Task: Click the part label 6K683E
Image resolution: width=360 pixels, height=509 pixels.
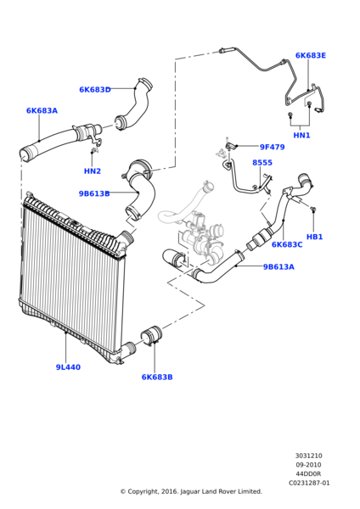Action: tap(310, 56)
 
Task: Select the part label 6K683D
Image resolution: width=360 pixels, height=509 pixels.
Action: tap(94, 89)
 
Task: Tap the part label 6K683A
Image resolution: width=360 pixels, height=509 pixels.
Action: tap(42, 111)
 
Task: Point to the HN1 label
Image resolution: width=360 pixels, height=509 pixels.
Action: tap(301, 135)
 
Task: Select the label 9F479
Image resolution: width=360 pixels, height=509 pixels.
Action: tap(272, 147)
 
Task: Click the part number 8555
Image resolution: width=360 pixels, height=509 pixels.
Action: tap(262, 163)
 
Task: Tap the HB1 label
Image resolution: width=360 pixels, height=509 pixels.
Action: tap(314, 237)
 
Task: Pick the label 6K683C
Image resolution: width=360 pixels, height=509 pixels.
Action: tap(287, 244)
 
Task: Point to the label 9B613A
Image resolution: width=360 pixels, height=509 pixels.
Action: tap(278, 266)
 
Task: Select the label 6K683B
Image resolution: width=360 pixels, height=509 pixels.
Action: tap(157, 377)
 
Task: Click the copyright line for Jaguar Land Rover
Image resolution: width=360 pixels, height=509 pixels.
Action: tap(191, 491)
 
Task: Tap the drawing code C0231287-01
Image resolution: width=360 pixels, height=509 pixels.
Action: tap(309, 483)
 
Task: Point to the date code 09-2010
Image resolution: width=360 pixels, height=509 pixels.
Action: tap(309, 464)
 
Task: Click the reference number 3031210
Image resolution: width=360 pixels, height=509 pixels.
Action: tap(309, 455)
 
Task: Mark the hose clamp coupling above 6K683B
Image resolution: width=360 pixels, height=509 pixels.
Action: tap(151, 337)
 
